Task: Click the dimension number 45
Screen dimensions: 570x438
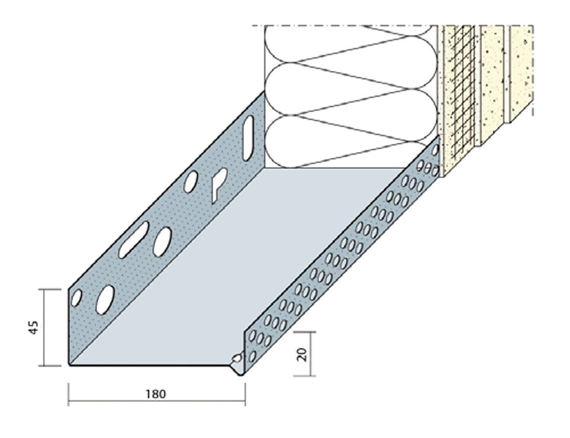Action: [34, 328]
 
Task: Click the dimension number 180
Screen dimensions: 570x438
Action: [156, 394]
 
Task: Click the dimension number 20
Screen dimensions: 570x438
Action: [303, 355]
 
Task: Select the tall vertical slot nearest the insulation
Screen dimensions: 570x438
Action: [248, 138]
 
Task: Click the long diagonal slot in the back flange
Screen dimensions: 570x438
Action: [134, 240]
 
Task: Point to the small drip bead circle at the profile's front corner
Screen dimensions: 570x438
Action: [238, 358]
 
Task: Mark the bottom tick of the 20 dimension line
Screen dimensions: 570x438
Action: [304, 376]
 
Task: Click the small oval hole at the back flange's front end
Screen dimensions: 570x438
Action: [76, 298]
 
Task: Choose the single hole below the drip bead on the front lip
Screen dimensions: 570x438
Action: [253, 357]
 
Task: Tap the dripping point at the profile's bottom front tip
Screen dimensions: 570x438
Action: [241, 374]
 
